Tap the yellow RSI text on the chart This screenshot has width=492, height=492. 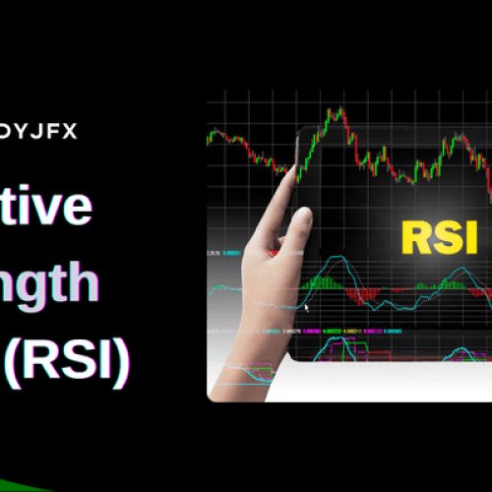[x=439, y=237]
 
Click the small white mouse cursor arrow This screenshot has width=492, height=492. [x=307, y=307]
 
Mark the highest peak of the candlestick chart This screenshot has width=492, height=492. [x=335, y=110]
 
